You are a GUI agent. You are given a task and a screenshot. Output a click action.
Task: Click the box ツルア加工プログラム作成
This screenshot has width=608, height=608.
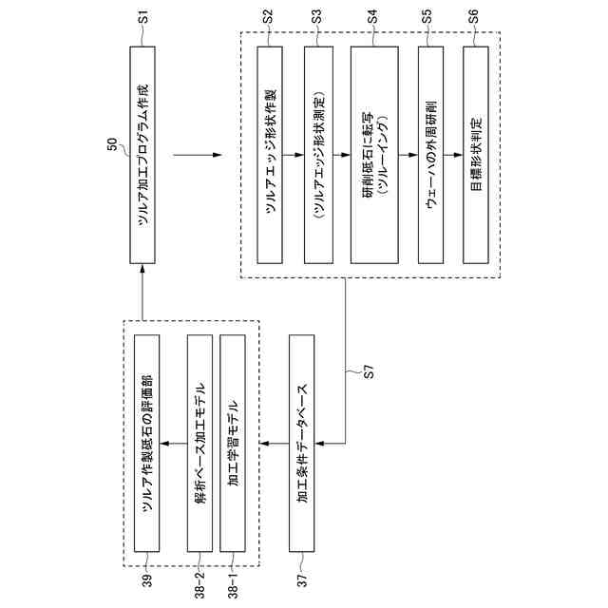pyautogui.click(x=142, y=154)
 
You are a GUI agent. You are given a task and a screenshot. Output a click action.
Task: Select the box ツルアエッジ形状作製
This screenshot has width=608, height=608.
pyautogui.click(x=271, y=154)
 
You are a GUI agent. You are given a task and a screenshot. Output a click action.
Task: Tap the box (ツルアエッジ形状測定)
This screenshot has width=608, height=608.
pyautogui.click(x=317, y=154)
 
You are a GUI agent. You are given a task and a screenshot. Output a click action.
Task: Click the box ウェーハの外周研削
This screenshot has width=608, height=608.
pyautogui.click(x=430, y=154)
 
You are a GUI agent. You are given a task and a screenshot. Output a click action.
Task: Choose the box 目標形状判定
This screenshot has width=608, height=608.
pyautogui.click(x=476, y=154)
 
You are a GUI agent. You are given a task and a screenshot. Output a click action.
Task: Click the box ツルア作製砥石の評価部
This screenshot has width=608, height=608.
pyautogui.click(x=148, y=443)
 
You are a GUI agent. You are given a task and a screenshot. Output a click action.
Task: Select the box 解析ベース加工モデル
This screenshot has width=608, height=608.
pyautogui.click(x=200, y=443)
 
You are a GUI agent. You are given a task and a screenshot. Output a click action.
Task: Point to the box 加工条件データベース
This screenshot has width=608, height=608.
pyautogui.click(x=301, y=443)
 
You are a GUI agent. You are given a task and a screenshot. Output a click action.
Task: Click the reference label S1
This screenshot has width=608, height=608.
pyautogui.click(x=142, y=16)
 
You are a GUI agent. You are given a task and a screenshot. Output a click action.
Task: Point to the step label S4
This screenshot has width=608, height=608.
pyautogui.click(x=372, y=16)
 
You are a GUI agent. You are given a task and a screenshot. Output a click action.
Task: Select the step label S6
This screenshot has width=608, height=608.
pyautogui.click(x=476, y=16)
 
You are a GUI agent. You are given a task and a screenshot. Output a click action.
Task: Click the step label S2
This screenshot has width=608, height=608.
pyautogui.click(x=269, y=16)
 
